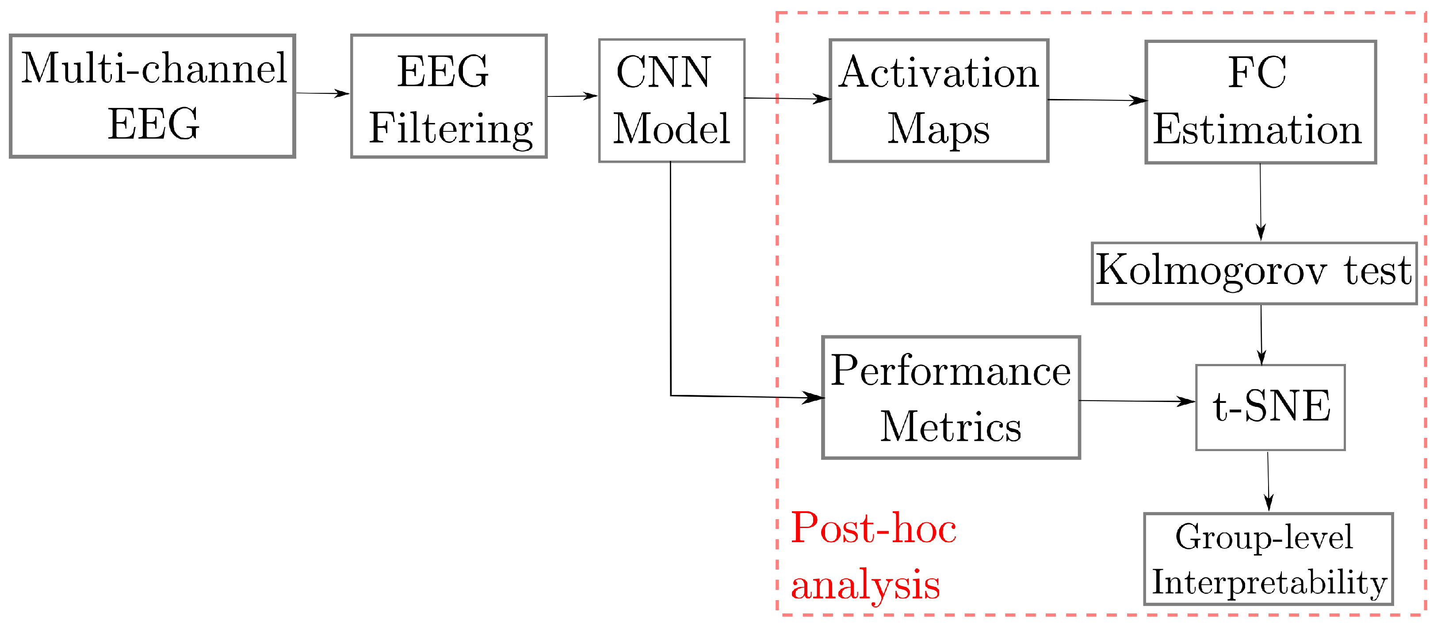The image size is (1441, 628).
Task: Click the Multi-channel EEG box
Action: pyautogui.click(x=152, y=96)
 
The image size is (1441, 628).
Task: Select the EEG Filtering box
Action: pyautogui.click(x=449, y=96)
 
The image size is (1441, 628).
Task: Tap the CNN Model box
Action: pyautogui.click(x=671, y=101)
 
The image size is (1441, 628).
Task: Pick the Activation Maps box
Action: pyautogui.click(x=939, y=101)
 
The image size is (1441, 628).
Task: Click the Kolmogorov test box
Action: pyautogui.click(x=1254, y=273)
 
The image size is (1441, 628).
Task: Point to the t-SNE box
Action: pyautogui.click(x=1270, y=407)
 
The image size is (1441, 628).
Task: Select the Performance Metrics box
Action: pyautogui.click(x=950, y=398)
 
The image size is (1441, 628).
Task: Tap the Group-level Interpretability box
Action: pyautogui.click(x=1268, y=559)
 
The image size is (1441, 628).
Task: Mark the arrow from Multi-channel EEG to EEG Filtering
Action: pyautogui.click(x=322, y=93)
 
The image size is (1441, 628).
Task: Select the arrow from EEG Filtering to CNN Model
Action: pyautogui.click(x=572, y=96)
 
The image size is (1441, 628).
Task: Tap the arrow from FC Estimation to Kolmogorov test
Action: pyautogui.click(x=1260, y=202)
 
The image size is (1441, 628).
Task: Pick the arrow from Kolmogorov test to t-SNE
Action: pyautogui.click(x=1261, y=334)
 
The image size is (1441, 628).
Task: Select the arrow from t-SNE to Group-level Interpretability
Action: pyautogui.click(x=1268, y=481)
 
